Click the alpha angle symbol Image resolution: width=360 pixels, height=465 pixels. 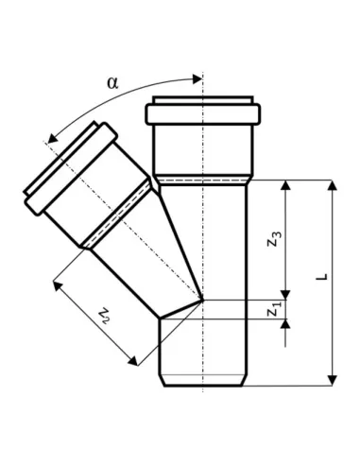[x=112, y=83]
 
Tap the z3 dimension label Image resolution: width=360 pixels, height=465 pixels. [x=274, y=239]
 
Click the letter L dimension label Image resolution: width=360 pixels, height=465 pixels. [x=322, y=277]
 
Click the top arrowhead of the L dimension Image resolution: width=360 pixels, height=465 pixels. [x=333, y=185]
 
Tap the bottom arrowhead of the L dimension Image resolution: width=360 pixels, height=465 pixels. [x=333, y=380]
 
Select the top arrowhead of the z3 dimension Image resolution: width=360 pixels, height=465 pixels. [x=285, y=185]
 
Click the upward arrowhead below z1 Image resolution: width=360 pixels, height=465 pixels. [x=285, y=324]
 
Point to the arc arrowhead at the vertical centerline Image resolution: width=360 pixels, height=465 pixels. [x=197, y=79]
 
